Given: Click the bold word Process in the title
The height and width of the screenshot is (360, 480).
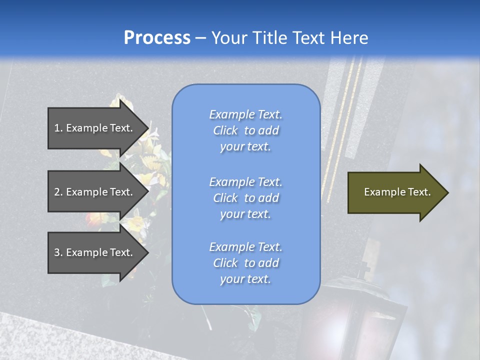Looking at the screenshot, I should pyautogui.click(x=157, y=38).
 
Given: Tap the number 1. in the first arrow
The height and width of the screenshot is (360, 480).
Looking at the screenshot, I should pyautogui.click(x=58, y=128).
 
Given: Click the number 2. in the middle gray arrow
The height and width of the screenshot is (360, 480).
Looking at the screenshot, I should pyautogui.click(x=58, y=192).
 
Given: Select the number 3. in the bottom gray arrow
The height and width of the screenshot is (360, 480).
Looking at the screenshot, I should pyautogui.click(x=58, y=252).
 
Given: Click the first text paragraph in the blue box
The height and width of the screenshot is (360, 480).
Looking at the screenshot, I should pyautogui.click(x=246, y=130).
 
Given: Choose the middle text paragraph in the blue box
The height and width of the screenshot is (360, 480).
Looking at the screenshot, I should pyautogui.click(x=246, y=198).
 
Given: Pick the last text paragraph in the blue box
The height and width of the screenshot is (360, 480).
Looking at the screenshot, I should pyautogui.click(x=246, y=263).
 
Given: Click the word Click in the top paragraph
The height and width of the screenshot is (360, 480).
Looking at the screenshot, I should pyautogui.click(x=225, y=130).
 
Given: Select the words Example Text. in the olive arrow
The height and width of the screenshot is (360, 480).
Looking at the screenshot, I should pyautogui.click(x=397, y=192).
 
